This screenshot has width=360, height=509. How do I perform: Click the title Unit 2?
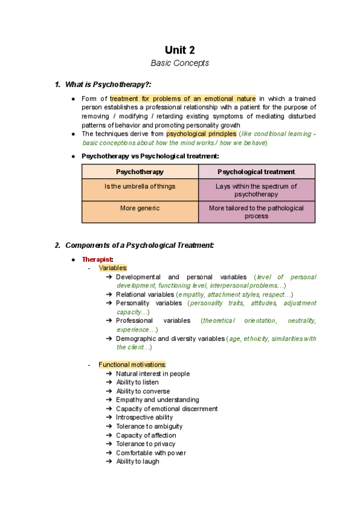point(179,50)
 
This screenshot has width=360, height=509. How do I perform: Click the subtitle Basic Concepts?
point(179,64)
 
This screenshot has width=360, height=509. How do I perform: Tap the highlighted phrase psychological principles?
point(201,134)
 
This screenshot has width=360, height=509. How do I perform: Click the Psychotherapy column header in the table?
point(140,172)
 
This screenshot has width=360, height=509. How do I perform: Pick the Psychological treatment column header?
point(256,172)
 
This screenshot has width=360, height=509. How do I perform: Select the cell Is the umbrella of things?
point(140,187)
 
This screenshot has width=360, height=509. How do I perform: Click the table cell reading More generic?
point(140,208)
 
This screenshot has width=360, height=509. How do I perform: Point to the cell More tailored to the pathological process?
point(256,212)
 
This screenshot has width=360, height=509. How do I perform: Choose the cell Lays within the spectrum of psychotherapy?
point(256,190)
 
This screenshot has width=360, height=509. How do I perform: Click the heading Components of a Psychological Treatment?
point(139,245)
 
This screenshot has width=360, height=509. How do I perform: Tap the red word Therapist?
point(97,259)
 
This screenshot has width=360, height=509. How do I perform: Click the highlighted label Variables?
point(113,268)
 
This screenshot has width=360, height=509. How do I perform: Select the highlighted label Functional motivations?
point(132,364)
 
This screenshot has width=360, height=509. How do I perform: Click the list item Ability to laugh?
point(137,462)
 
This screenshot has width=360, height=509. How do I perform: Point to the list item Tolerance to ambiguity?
point(149,426)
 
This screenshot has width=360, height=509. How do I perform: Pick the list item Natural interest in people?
point(152,373)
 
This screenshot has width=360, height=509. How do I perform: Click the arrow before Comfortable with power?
point(108,453)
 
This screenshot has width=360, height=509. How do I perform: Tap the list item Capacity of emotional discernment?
point(166,409)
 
